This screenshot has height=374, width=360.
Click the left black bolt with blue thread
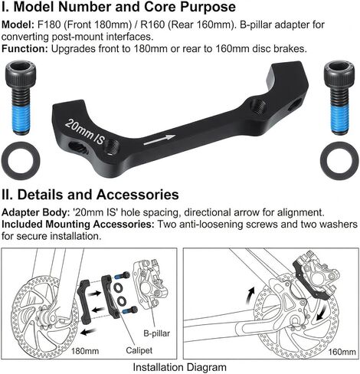tap(21, 97)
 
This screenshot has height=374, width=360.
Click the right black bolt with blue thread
tap(339, 97)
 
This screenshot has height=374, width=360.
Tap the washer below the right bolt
tap(339, 161)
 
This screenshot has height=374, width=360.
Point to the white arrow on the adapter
tap(159, 139)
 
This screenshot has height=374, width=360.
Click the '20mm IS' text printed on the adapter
tap(85, 132)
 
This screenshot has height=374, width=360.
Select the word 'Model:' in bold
tap(18, 25)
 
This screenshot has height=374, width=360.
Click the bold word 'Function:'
tap(25, 48)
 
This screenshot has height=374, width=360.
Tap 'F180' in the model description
tap(49, 25)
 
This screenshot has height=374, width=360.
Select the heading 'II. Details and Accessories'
tap(90, 195)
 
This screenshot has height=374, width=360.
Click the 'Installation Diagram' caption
tap(180, 367)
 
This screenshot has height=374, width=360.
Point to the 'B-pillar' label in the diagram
tap(156, 333)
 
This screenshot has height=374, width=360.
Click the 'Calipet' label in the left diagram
tap(139, 350)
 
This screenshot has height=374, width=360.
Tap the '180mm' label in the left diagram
tap(85, 351)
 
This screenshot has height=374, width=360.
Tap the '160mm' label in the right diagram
tap(342, 352)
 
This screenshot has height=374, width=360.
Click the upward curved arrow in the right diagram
tap(250, 295)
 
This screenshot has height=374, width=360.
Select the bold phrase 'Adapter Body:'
tap(35, 212)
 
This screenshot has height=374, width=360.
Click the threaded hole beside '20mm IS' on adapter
tap(113, 147)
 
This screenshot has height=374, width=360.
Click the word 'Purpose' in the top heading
tap(208, 7)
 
